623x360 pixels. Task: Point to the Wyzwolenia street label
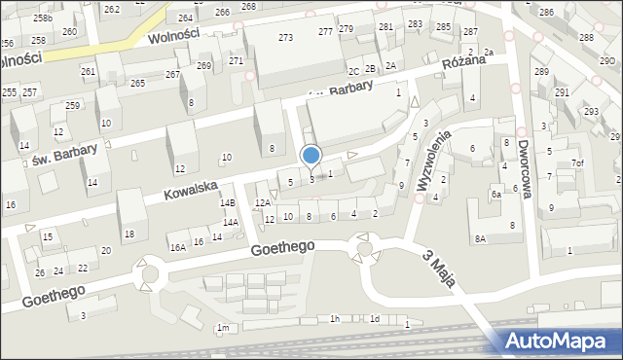coord(433,161)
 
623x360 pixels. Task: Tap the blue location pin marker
coord(311,156)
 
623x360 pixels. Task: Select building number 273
coord(285,37)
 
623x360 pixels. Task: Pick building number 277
coord(325,32)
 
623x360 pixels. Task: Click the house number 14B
coord(228,202)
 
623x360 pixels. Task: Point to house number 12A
coord(262,202)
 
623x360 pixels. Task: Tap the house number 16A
coord(177,248)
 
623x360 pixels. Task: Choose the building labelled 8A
coord(479,238)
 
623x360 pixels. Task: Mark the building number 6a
coord(495,195)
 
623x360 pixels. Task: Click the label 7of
coord(578,162)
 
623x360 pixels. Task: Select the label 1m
coord(223,328)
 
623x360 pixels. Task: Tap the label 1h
coord(334,319)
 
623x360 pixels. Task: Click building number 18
coord(128,234)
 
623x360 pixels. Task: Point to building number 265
coord(137,84)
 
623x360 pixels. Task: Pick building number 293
coord(590,112)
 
